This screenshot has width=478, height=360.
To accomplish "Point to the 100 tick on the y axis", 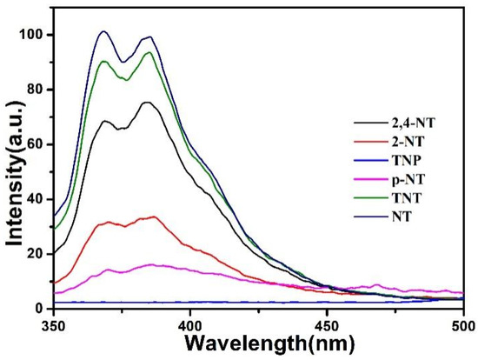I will point(32,35).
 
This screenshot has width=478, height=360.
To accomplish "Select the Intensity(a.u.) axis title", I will point(12,170).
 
